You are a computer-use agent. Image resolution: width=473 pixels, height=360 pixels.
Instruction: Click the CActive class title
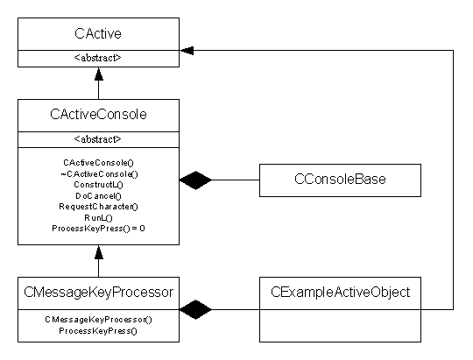coord(98,33)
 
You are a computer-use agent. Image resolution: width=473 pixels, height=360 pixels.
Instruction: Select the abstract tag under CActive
coord(98,58)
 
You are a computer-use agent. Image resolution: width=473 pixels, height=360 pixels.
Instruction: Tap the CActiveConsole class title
coord(98,115)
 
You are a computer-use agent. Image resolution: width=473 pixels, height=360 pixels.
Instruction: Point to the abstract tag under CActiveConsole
coord(98,139)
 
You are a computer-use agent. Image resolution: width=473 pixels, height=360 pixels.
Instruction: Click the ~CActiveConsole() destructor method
coord(99,174)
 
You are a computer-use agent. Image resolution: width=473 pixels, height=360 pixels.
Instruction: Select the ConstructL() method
coord(98,185)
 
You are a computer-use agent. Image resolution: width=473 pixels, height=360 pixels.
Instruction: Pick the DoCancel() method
coord(98,196)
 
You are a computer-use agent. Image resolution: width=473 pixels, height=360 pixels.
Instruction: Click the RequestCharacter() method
coord(98,207)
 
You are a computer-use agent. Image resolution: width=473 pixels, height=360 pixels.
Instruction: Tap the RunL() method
coord(98,217)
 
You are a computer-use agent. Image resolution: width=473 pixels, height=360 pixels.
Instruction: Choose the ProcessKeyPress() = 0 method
coord(98,229)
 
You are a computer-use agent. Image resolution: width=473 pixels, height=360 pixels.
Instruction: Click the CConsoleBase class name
coord(340,180)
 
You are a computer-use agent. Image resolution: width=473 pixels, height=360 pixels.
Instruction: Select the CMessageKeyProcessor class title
coord(98,292)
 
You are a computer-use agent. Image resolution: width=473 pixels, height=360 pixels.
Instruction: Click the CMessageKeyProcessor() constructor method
coord(98,320)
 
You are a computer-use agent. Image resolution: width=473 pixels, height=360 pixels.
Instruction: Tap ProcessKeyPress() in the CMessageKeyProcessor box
coord(98,331)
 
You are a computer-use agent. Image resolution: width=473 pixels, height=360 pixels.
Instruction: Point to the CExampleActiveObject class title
coord(340,292)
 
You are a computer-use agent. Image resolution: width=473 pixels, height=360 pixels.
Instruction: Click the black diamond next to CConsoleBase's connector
coord(195,180)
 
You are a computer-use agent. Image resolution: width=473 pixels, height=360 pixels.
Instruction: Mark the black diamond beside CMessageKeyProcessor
coord(195,309)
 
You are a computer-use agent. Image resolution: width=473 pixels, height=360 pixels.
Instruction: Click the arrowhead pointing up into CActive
coord(99,74)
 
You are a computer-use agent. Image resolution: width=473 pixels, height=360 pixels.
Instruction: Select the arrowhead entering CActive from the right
coord(187,51)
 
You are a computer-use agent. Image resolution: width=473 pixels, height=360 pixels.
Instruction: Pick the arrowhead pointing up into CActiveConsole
coord(99,252)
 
